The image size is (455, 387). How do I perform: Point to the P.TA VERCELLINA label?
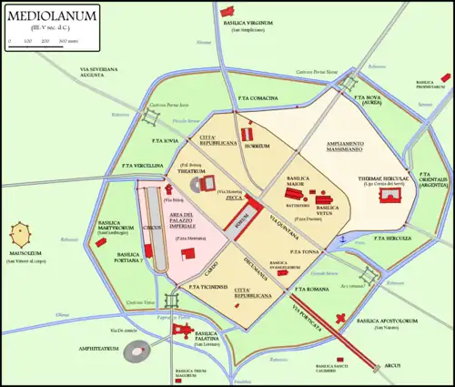point(141,166)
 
